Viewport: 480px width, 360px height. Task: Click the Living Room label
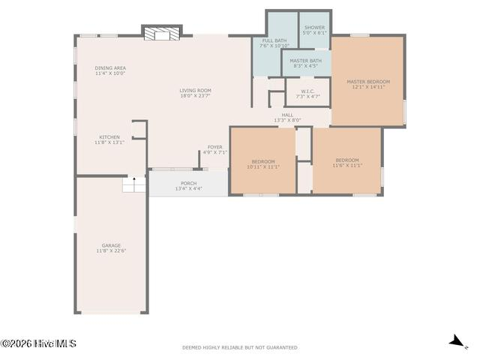[195, 90]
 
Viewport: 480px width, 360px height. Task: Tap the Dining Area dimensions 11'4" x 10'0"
[110, 73]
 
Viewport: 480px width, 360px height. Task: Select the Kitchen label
[109, 137]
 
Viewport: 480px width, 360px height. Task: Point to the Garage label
[111, 245]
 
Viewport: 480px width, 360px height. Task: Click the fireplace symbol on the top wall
[162, 34]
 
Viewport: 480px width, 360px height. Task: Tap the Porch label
[188, 183]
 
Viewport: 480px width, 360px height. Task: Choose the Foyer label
[215, 147]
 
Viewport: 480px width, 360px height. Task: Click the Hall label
[287, 115]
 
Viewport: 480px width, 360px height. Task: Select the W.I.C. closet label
[307, 91]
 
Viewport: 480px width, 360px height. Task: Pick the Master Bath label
[306, 61]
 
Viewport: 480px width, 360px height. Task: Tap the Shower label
[315, 27]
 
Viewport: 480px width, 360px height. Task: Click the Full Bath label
[274, 40]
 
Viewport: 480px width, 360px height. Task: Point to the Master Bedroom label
[368, 82]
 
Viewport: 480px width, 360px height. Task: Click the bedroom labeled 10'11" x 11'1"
[263, 164]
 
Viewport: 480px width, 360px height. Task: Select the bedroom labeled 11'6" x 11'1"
[347, 163]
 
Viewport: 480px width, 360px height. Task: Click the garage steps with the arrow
[134, 184]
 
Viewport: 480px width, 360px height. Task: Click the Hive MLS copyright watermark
[38, 343]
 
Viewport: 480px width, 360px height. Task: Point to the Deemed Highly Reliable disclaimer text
[240, 347]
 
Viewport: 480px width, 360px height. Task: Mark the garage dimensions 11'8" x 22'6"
[111, 250]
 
